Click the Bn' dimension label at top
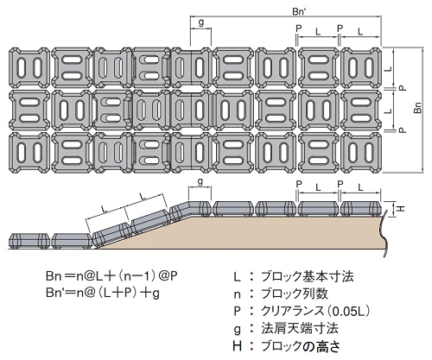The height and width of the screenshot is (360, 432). tap(298, 11)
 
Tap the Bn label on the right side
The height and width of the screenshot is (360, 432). tap(418, 108)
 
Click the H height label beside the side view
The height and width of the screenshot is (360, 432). tap(402, 208)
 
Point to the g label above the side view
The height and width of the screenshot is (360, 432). tap(200, 181)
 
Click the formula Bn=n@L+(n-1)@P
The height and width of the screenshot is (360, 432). tap(111, 276)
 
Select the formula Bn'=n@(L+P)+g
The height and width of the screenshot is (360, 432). tap(103, 294)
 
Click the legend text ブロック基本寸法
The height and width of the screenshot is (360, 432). tap(307, 276)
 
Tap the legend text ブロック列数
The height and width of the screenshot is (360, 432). tap(295, 294)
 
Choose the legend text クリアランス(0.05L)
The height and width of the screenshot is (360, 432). tap(315, 311)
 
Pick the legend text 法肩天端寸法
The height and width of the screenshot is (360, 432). tap(300, 328)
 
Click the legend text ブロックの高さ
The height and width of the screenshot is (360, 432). tap(301, 346)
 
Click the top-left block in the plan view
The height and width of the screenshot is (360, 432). tap(29, 67)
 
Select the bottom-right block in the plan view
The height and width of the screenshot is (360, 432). tap(361, 153)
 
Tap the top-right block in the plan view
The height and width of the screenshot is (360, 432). tap(361, 67)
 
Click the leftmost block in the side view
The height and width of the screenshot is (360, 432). tap(29, 242)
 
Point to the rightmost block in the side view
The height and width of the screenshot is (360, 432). tap(361, 209)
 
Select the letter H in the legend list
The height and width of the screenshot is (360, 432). tap(237, 346)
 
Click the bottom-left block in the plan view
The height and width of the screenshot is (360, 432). tap(29, 153)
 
